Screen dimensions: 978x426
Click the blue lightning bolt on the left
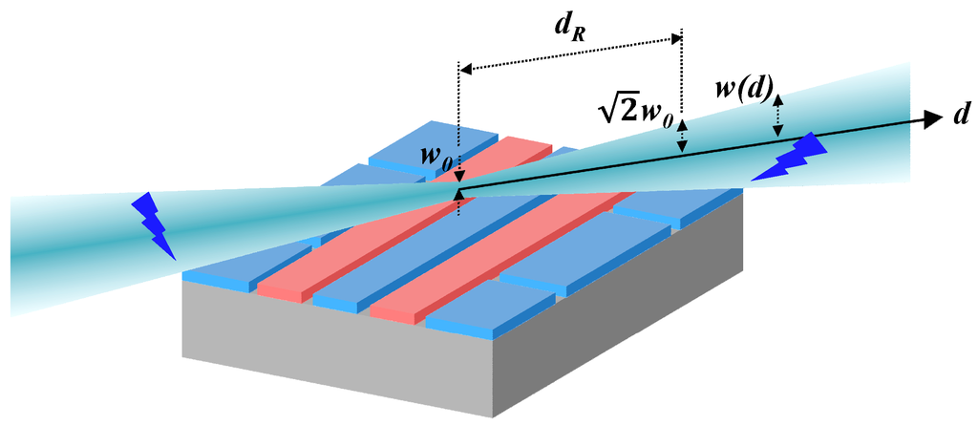[x=156, y=225]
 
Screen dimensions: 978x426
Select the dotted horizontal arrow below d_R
[x=571, y=53]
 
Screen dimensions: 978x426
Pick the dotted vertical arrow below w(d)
[x=778, y=116]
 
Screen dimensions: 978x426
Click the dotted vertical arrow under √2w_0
[x=681, y=139]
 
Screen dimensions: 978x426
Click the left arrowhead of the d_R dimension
[x=464, y=68]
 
